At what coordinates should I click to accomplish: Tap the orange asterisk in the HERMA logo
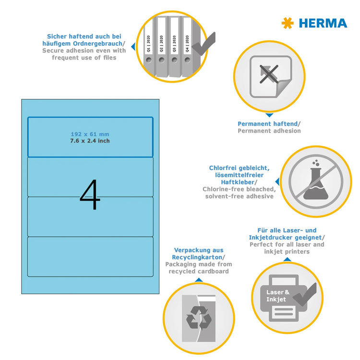pyautogui.click(x=288, y=23)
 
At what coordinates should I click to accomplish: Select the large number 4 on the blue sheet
pyautogui.click(x=90, y=195)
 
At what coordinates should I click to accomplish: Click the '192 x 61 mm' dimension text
pyautogui.click(x=90, y=134)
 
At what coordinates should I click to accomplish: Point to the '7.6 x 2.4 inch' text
pyautogui.click(x=90, y=141)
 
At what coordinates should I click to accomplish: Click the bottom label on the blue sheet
pyautogui.click(x=90, y=256)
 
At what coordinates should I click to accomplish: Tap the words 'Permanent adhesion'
pyautogui.click(x=269, y=131)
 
